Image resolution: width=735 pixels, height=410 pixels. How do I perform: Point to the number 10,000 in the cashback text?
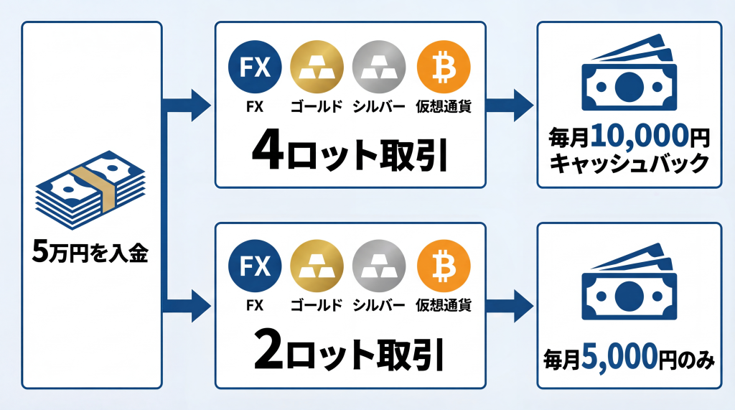click(631, 137)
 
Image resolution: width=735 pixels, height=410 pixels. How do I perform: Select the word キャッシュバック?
click(629, 164)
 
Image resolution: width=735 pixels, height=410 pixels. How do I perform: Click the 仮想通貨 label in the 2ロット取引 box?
click(444, 305)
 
